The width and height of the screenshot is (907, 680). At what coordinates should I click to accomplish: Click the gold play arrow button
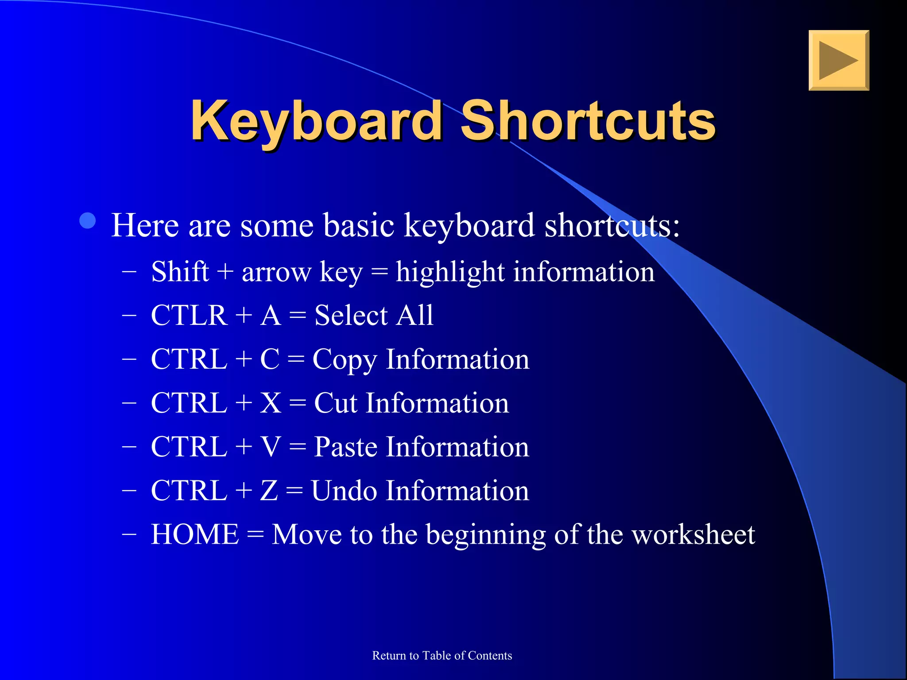coord(838,60)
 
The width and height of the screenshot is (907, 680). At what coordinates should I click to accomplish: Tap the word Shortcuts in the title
coord(588,120)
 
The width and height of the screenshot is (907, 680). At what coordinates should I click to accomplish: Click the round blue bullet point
coord(88,220)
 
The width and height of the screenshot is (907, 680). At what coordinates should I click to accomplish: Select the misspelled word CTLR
coord(189,315)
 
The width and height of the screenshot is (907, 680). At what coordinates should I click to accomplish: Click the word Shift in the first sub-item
coord(179,271)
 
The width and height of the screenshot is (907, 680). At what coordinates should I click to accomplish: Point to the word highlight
coord(450,271)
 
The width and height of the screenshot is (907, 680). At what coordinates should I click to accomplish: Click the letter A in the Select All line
coord(271,315)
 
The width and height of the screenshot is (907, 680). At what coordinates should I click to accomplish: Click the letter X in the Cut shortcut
coord(270,403)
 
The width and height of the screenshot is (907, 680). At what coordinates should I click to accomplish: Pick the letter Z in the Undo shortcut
coord(269,491)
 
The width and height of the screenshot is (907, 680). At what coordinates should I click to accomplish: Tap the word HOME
coord(195,534)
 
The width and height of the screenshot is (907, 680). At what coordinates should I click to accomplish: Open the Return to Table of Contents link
coord(442,655)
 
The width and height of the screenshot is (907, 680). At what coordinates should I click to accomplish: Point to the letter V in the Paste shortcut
coord(271,447)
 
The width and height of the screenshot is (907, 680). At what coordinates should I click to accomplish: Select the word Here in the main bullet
coord(145,225)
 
